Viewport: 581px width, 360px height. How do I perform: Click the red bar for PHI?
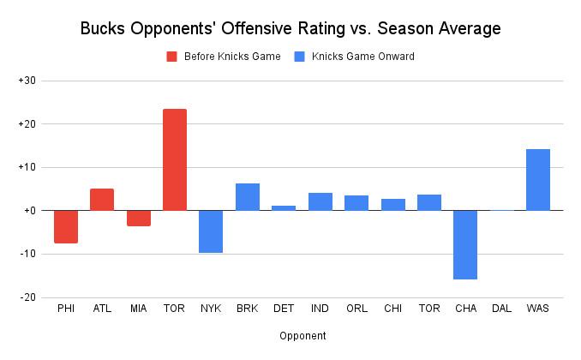66,226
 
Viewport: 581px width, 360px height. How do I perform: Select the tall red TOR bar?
175,159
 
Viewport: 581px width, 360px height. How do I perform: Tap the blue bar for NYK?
211,231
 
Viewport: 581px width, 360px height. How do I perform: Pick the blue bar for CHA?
465,244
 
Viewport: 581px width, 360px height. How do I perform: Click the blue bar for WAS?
538,179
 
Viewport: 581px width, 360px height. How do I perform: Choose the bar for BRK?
248,196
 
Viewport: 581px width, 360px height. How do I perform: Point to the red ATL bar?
102,199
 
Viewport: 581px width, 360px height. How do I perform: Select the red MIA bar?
139,218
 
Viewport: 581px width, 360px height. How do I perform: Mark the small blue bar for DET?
284,207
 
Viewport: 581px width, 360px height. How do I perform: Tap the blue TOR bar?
429,202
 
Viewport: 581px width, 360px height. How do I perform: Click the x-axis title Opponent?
302,336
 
